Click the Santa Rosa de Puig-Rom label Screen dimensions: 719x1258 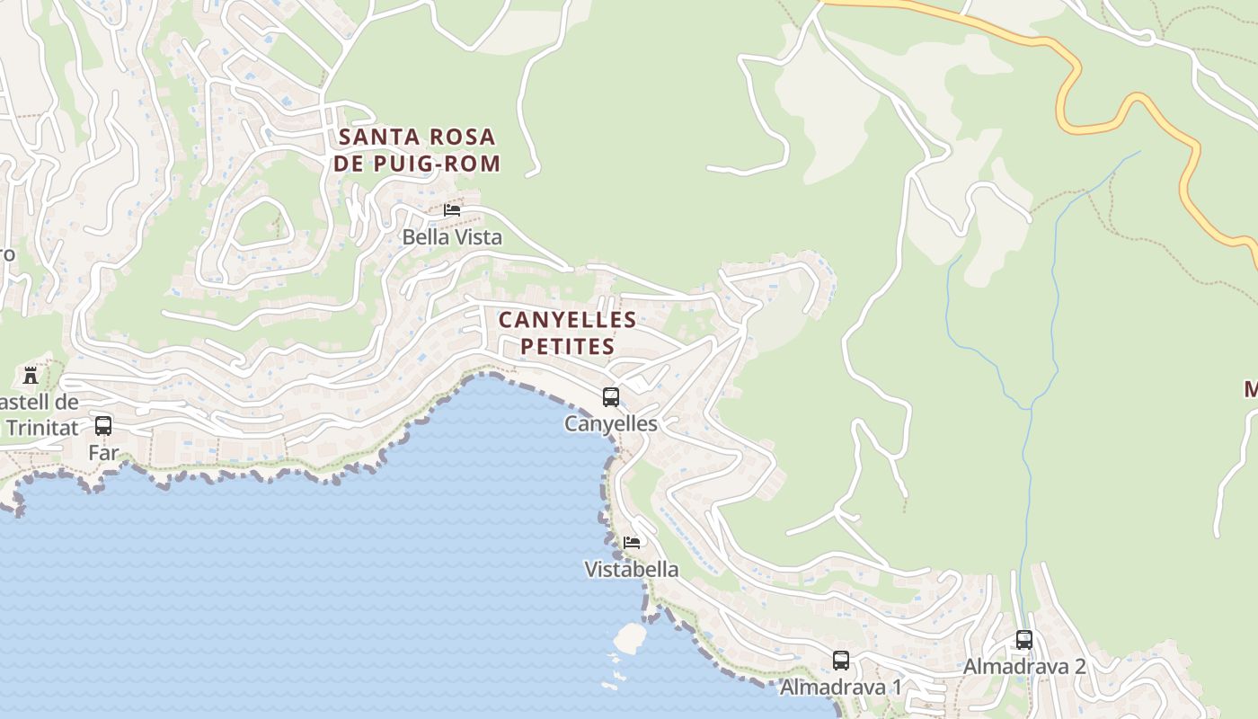point(417,150)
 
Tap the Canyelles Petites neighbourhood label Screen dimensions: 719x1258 point(567,333)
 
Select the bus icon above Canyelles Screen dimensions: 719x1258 point(611,396)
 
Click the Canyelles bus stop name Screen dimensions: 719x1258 point(611,423)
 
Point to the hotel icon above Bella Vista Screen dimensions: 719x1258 point(452,210)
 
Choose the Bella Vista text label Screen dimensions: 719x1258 point(452,237)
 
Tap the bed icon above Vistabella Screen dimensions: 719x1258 point(632,542)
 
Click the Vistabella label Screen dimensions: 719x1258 point(632,570)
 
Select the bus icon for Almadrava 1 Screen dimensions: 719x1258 point(841,661)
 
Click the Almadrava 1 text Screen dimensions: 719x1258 point(841,688)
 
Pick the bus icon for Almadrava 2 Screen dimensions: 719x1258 point(1024,640)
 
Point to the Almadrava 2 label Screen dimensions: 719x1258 point(1024,667)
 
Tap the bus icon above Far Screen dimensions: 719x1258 point(103,426)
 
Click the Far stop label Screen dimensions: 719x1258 point(103,453)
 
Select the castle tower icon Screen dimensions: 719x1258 point(31,375)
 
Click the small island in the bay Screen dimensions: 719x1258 point(630,637)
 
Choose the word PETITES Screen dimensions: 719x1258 point(567,347)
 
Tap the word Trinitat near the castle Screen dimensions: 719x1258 point(43,428)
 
